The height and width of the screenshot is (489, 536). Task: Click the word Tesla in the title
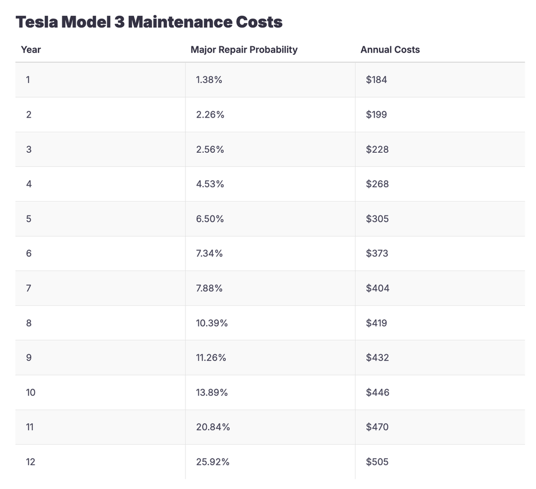click(x=37, y=22)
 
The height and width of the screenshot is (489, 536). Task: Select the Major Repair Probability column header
click(x=244, y=50)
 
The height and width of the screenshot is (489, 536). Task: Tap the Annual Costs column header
click(x=390, y=50)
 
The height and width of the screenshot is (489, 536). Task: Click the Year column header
click(x=31, y=50)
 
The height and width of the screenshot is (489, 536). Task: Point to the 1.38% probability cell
click(x=209, y=80)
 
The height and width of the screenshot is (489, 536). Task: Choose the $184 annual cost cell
click(x=376, y=80)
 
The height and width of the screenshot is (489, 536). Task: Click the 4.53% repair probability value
click(x=210, y=184)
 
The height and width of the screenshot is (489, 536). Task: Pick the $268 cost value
click(x=377, y=184)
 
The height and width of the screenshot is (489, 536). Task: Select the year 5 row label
click(x=29, y=219)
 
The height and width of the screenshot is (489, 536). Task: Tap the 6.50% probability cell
click(x=210, y=219)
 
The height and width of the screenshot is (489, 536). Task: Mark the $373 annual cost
click(x=377, y=254)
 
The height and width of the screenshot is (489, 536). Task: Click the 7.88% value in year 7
click(x=209, y=288)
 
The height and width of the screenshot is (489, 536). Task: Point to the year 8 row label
click(x=29, y=323)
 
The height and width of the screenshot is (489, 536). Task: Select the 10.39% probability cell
click(x=212, y=323)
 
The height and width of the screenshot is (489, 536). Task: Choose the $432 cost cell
click(x=377, y=358)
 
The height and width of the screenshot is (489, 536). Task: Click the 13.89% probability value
click(x=212, y=392)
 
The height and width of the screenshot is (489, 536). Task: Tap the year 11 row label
click(x=30, y=427)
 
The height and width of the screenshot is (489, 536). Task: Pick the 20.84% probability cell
click(x=213, y=427)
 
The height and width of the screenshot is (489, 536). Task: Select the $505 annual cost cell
click(x=377, y=462)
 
